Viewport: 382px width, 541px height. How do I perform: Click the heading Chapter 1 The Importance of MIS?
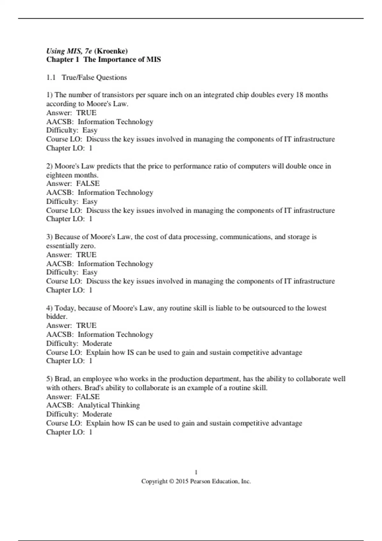pos(103,60)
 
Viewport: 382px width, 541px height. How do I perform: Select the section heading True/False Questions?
pos(94,77)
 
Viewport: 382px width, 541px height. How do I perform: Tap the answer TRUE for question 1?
pos(86,113)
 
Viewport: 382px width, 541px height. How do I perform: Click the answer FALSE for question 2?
pos(88,183)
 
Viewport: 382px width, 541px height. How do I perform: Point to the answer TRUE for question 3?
pos(86,255)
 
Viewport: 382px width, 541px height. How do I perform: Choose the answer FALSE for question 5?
pos(88,397)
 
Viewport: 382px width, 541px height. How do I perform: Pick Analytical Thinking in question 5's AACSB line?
pos(109,405)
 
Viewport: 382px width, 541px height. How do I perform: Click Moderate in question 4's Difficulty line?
pos(97,343)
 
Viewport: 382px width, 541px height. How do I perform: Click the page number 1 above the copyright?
pos(196,472)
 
